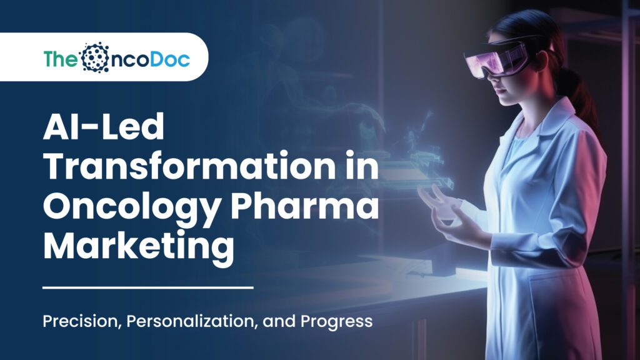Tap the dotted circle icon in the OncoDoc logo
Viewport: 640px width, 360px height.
[x=95, y=57]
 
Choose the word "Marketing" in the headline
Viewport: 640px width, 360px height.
[x=138, y=246]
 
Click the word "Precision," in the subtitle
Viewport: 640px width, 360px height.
[x=81, y=322]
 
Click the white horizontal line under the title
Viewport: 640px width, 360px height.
[x=147, y=287]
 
